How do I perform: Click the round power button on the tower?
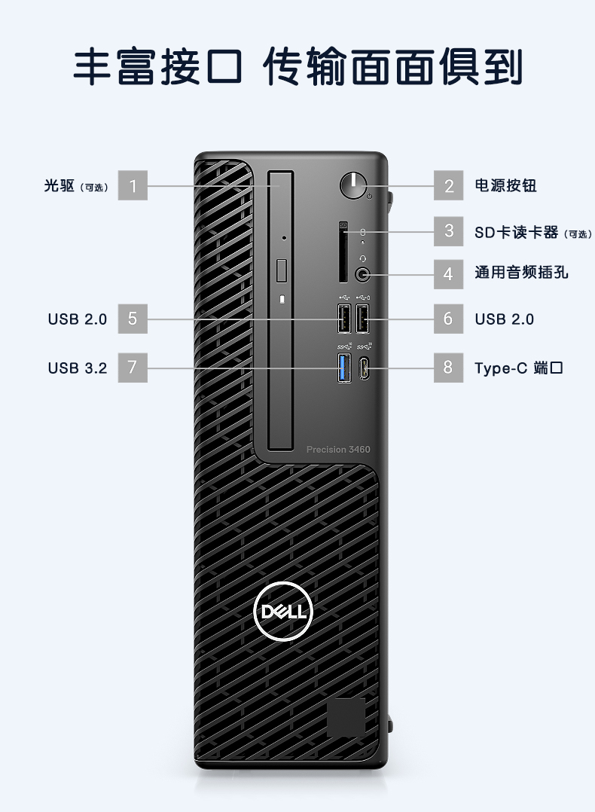(352, 185)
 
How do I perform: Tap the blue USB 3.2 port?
(343, 368)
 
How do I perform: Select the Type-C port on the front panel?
(363, 368)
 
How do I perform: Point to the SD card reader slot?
(343, 256)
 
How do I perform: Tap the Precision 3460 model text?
(338, 450)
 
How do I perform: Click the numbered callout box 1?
(133, 185)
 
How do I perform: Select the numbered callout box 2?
(449, 185)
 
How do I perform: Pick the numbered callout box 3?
(449, 230)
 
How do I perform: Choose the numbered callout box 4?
(449, 273)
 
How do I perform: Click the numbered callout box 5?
(133, 319)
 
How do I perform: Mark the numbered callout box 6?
(449, 319)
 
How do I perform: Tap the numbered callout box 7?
(133, 368)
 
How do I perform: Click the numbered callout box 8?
(449, 368)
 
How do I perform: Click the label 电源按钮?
(505, 185)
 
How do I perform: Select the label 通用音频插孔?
(521, 273)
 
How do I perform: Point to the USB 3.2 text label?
(78, 368)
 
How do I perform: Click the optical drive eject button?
(282, 269)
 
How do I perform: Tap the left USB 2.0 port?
(343, 319)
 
